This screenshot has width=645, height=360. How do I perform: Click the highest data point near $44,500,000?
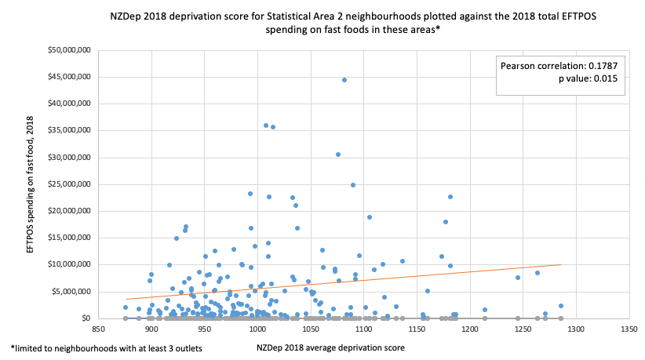pos(344,80)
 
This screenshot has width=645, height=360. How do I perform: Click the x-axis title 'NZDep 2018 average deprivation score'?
pos(330,347)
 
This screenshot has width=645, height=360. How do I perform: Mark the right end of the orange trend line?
pos(561,264)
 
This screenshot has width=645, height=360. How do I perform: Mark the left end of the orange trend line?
pos(125,299)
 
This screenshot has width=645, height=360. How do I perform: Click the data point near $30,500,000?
pos(338,155)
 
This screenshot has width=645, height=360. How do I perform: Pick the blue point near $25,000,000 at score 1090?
pos(353,185)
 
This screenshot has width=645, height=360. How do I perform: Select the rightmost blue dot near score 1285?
pos(561,306)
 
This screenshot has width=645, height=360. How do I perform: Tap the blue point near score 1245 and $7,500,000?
pos(518,278)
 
